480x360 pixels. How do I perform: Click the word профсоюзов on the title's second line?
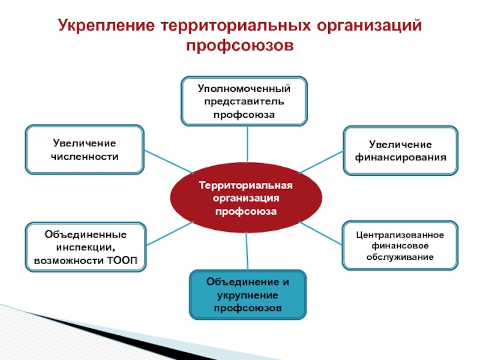pos(240,46)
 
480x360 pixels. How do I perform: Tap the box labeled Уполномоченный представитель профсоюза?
pos(244,101)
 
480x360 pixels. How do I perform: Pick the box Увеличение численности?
pos(84,149)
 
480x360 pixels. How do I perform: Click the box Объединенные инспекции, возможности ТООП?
pos(85,247)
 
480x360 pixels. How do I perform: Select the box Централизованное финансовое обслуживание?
pos(400,245)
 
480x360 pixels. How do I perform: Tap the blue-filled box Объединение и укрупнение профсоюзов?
pos(247,295)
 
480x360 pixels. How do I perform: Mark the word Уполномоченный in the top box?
pos(244,89)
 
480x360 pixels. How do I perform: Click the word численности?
pos(85,156)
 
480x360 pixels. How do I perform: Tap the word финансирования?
pos(400,158)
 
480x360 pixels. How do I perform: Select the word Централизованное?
pos(400,234)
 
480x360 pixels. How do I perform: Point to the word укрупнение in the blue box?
pos(247,295)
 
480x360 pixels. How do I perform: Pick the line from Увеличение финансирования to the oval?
pos(321,161)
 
